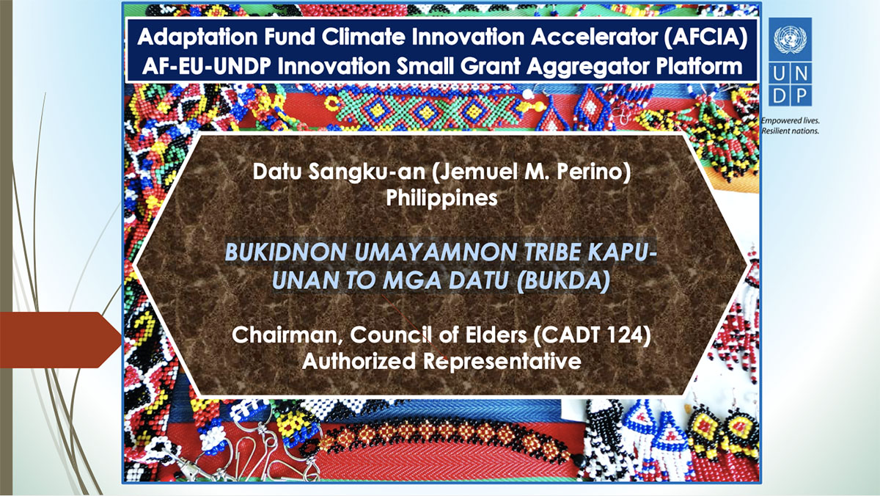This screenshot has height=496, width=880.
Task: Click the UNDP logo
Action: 790,62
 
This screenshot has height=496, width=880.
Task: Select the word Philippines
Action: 443,198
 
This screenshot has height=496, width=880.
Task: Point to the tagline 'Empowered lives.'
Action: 789,120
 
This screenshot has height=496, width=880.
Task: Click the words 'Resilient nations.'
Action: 790,131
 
